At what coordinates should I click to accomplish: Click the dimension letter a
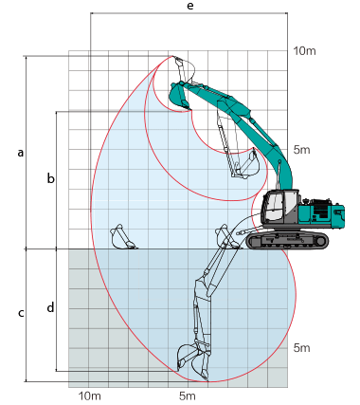21,153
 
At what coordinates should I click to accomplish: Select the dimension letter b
50,178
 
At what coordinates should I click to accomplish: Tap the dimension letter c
21,313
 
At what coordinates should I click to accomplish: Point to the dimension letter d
50,307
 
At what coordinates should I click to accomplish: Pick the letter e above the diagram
190,6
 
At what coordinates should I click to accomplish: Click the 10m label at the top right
304,51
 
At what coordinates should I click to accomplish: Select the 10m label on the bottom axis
90,396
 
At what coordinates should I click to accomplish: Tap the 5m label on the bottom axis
188,396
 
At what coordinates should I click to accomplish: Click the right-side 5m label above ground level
301,150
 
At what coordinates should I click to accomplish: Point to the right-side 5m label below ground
301,348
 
